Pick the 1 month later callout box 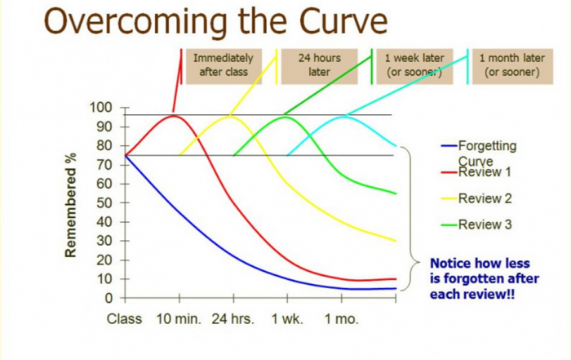click(512, 65)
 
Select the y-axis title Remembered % click(72, 204)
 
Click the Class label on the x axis click(125, 319)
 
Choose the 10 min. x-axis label click(179, 319)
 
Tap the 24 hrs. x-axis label click(232, 319)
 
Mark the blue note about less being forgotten click(480, 278)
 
